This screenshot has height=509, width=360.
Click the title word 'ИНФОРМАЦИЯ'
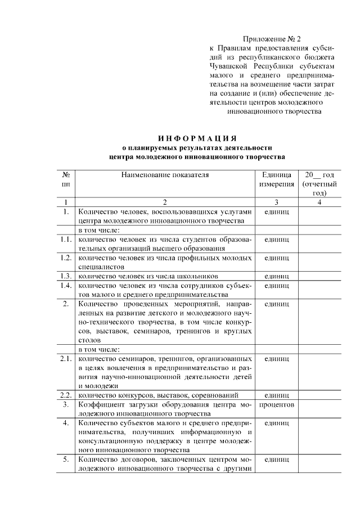197,138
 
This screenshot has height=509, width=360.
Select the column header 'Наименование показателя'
165,175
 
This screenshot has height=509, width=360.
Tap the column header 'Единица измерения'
276,179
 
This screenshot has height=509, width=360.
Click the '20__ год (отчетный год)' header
319,184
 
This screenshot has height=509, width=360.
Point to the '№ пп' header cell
66,179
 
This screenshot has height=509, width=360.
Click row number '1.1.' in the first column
66,240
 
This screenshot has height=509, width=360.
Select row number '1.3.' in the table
66,276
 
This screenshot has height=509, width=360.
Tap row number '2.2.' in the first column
66,395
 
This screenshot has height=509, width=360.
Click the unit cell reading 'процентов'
276,404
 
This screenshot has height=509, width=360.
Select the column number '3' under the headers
276,202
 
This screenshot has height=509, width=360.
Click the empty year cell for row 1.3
319,276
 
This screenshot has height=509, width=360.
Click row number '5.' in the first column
66,460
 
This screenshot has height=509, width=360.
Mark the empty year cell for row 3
319,409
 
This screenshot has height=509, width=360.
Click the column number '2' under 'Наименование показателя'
165,202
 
